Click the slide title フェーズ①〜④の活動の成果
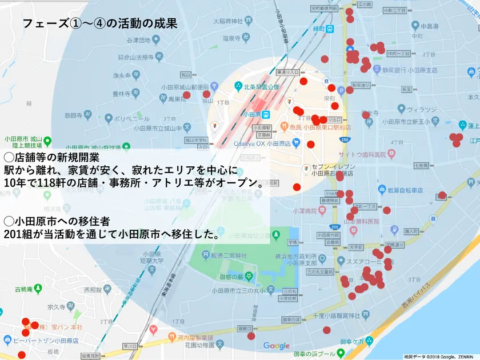coord(99,24)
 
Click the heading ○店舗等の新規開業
coord(51,157)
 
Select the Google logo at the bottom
coord(277,346)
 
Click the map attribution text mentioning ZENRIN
coord(440,356)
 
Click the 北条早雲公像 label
coord(261,87)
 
